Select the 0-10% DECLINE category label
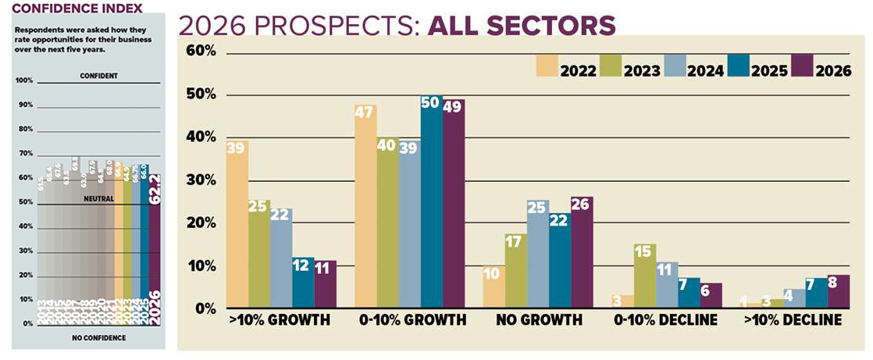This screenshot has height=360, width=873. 667,320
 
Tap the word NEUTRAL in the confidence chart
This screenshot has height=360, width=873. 98,199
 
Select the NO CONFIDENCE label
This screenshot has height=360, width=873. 98,337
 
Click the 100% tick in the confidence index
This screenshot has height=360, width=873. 24,80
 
